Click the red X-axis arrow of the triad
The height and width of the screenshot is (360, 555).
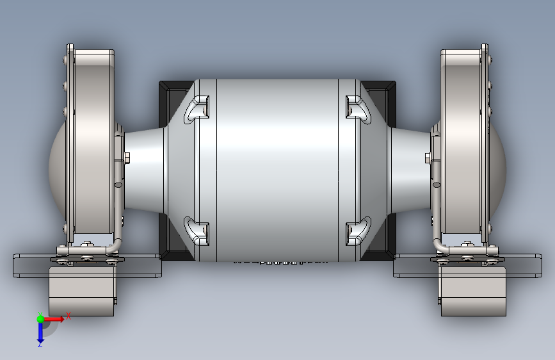pyautogui.click(x=56, y=318)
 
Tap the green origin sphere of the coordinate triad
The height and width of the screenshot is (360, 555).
pyautogui.click(x=40, y=318)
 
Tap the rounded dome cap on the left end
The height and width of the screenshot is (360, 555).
pyautogui.click(x=56, y=168)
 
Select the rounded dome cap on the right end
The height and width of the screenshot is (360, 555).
pyautogui.click(x=498, y=168)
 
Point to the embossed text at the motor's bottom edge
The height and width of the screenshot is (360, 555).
pyautogui.click(x=277, y=262)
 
